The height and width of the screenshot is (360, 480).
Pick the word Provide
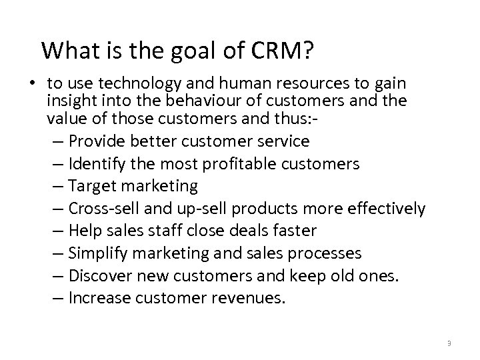click(98, 141)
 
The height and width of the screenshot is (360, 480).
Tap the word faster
click(293, 231)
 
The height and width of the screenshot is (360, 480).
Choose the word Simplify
click(100, 253)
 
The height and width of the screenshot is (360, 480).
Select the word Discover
click(101, 276)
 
